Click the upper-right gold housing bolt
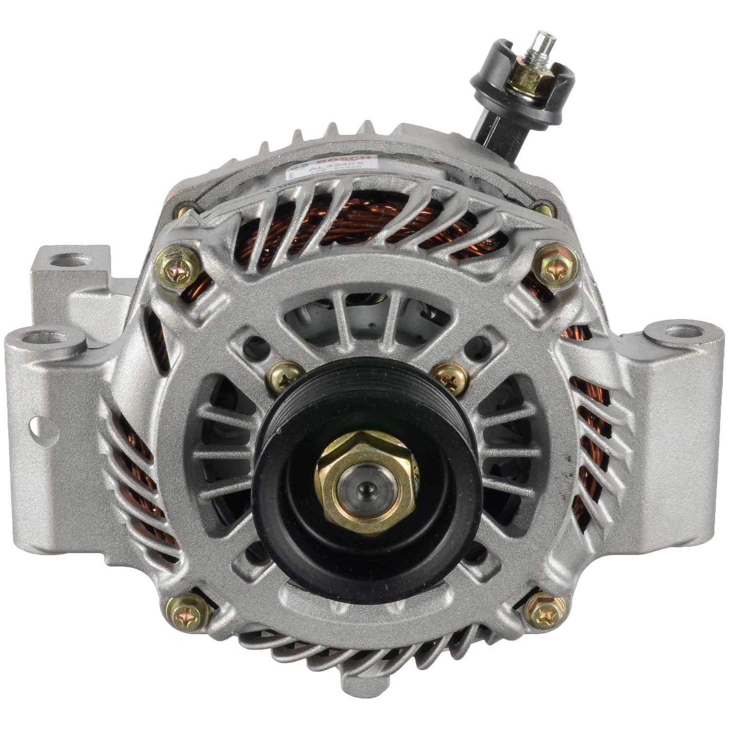[555, 266]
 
